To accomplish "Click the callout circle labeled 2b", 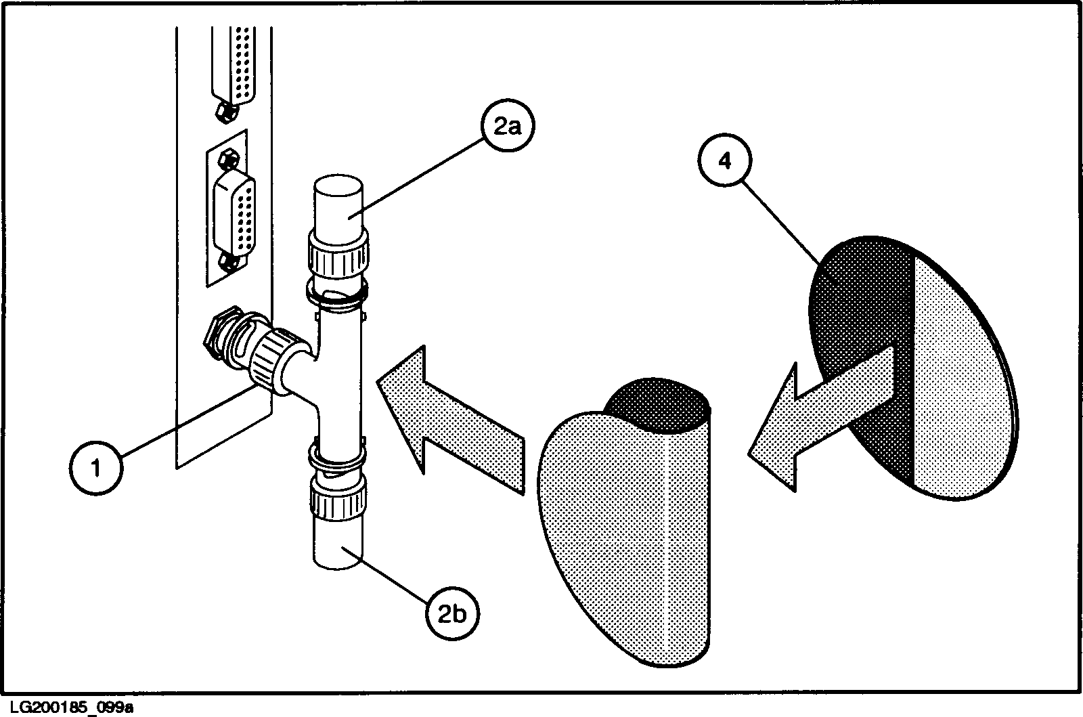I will click(452, 613).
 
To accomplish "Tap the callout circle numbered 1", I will click(96, 467).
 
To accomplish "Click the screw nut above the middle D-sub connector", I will click(228, 160).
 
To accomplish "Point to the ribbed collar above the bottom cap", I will click(339, 498).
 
